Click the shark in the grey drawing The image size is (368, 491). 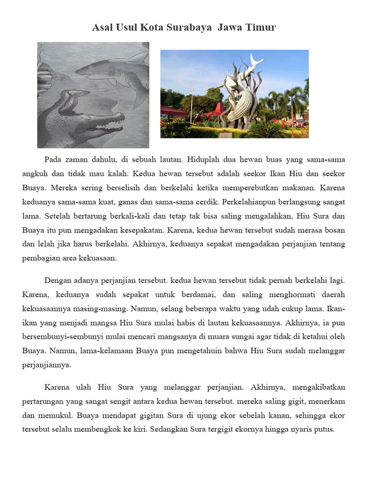pos(113,72)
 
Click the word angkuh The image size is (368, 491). pos(34,173)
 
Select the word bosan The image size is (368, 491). pos(334,230)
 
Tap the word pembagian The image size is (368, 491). pos(41,258)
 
